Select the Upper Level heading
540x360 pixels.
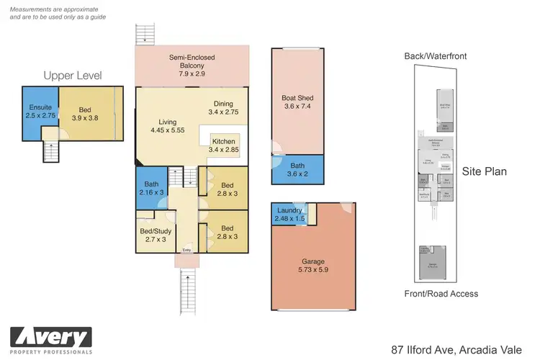[x=73, y=76]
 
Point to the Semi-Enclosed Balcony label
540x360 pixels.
[x=192, y=58]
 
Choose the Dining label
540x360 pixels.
[x=223, y=103]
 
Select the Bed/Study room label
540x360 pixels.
[x=153, y=231]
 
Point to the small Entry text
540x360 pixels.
[x=187, y=251]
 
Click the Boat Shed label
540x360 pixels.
[x=297, y=99]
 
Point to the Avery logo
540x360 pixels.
[x=50, y=337]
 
